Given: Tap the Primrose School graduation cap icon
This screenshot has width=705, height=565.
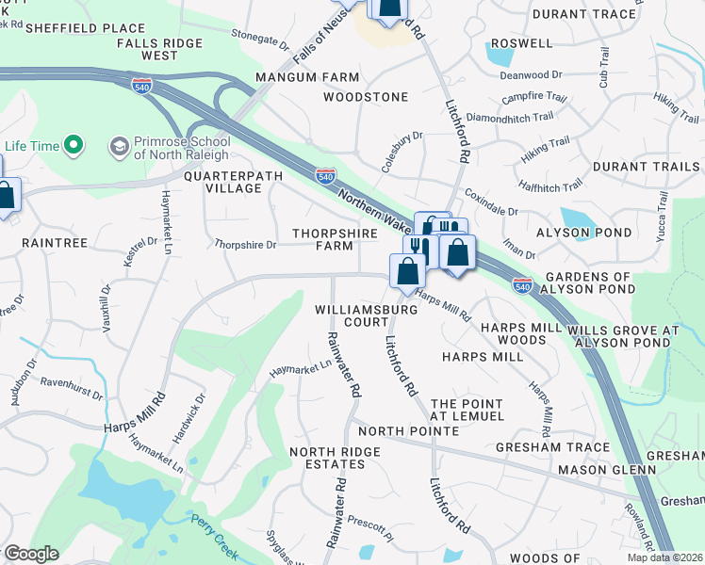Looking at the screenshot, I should [119, 146].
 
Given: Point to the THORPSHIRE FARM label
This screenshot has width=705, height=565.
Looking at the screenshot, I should [335, 239].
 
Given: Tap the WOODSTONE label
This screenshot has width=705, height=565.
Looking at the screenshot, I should [366, 97].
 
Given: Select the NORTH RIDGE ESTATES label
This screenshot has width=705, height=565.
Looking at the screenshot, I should [335, 459].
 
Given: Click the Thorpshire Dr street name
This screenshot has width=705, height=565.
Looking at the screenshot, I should [245, 245].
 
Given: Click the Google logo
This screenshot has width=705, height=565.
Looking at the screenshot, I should [31, 554].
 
